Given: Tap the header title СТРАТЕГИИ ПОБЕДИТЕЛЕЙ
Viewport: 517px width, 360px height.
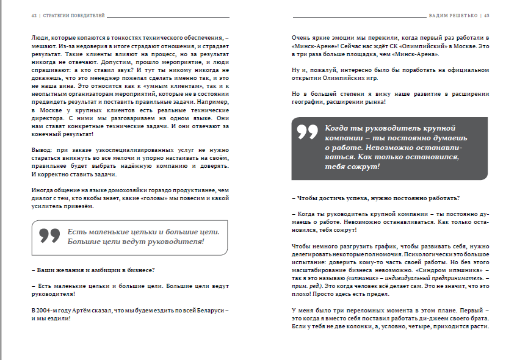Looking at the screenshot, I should tap(72, 16).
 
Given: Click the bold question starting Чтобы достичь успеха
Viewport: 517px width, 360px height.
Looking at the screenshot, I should tap(376, 198).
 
